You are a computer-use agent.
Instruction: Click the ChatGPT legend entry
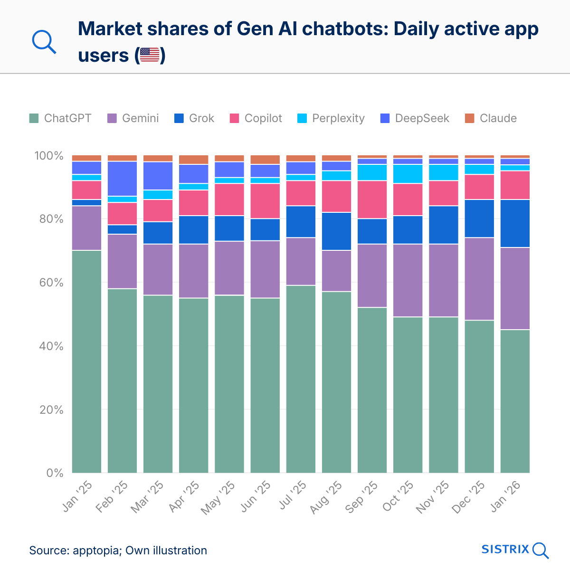(60, 118)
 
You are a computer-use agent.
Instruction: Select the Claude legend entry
(491, 118)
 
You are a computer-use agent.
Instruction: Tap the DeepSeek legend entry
(415, 118)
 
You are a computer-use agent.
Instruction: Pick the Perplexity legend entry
(331, 118)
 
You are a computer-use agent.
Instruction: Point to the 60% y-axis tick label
(48, 283)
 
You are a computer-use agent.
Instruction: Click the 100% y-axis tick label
(48, 156)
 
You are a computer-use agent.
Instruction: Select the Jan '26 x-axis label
(506, 496)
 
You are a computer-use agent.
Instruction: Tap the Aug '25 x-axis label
(327, 497)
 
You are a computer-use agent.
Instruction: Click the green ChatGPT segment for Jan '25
(86, 361)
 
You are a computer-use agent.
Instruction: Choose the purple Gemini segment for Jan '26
(515, 288)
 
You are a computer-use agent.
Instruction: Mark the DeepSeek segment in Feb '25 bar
(122, 179)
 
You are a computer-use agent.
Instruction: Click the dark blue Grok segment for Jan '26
(515, 223)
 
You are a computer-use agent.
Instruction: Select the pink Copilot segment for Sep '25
(372, 199)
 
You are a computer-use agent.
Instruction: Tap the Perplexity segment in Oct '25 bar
(408, 174)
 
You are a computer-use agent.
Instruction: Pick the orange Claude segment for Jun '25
(265, 160)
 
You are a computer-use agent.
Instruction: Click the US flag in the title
(150, 55)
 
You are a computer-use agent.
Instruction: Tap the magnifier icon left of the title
(44, 42)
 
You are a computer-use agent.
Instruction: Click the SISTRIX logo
(515, 550)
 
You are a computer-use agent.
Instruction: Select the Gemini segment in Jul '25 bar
(301, 261)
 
